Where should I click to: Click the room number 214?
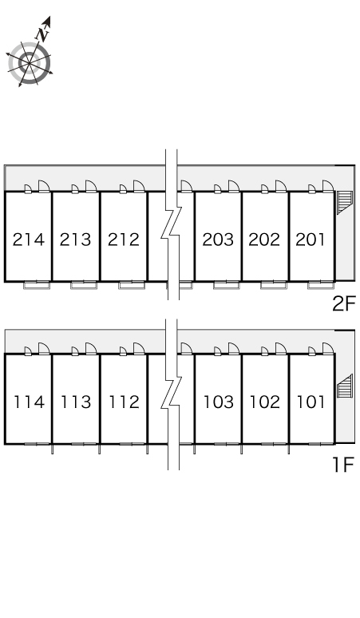[x=29, y=240]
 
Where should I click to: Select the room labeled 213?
[x=75, y=240]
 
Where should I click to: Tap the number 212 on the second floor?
[x=124, y=240]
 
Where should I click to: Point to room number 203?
[x=218, y=240]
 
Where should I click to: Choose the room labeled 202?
[x=264, y=240]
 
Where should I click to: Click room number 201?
[x=311, y=240]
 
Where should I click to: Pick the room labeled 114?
[x=30, y=402]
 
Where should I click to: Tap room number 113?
[x=76, y=402]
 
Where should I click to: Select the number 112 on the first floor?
[x=124, y=402]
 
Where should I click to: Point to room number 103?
[x=219, y=402]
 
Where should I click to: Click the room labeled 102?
[x=265, y=402]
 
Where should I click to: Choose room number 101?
[x=311, y=402]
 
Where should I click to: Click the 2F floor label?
[x=344, y=303]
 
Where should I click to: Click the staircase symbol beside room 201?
[x=344, y=202]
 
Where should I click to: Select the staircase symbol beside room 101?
[x=344, y=386]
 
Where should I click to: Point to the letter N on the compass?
[x=42, y=34]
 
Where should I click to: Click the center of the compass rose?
[x=30, y=63]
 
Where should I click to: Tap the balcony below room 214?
[x=37, y=285]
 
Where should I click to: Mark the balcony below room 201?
[x=321, y=285]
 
